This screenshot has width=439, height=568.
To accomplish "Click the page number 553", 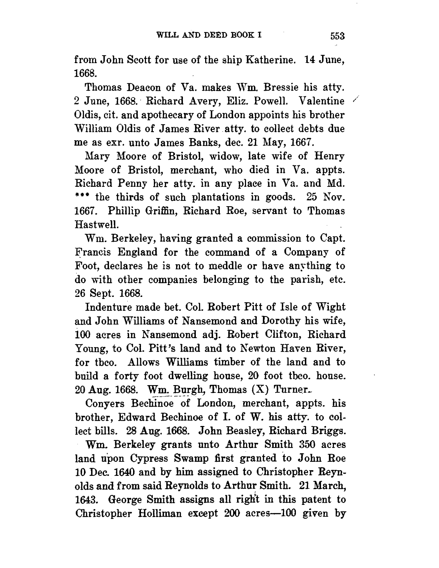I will pos(337,36).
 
